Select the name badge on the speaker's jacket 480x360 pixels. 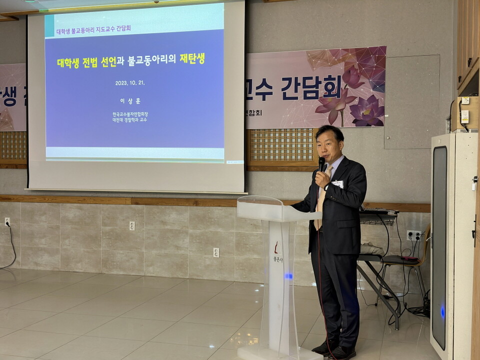[x=338, y=184]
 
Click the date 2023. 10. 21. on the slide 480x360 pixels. [x=130, y=83]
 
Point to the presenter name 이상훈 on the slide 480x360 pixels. [x=130, y=100]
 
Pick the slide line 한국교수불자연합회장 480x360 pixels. [x=130, y=114]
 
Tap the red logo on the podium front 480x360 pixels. [x=276, y=247]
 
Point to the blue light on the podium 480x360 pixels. [x=288, y=275]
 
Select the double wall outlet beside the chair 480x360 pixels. [x=413, y=235]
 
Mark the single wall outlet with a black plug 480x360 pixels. [x=7, y=221]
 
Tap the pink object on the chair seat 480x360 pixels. [x=408, y=258]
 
